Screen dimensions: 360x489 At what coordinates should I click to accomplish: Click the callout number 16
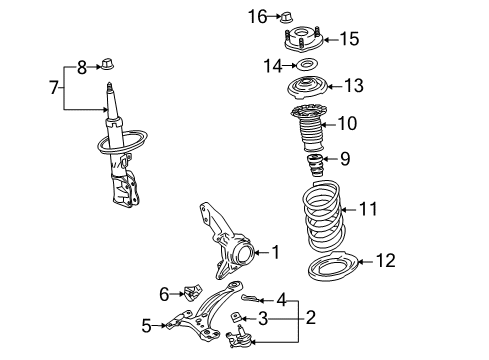[x=258, y=15]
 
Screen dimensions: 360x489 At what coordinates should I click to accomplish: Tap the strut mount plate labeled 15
[x=300, y=41]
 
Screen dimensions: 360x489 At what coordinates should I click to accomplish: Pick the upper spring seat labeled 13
[x=308, y=88]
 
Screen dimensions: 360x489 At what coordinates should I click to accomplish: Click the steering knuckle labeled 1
[x=228, y=251]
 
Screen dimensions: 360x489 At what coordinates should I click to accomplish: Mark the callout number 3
[x=263, y=319]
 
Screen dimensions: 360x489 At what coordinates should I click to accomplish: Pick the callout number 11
[x=369, y=209]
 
